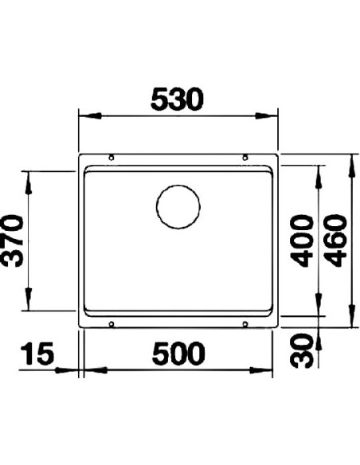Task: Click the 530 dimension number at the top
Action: coord(179,99)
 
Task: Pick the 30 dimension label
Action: coord(301,350)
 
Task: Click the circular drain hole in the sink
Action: coord(178,207)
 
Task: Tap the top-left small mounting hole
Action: coord(112,157)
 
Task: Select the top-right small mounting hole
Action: coord(245,157)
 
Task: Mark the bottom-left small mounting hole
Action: coord(112,322)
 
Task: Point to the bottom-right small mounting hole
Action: coord(245,322)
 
